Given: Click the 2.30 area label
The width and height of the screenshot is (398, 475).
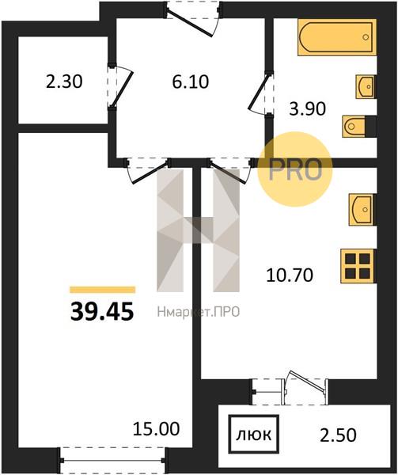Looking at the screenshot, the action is [64, 82].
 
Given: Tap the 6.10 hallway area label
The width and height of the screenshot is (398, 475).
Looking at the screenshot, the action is [191, 82].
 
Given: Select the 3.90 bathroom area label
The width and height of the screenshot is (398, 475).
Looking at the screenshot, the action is [308, 108].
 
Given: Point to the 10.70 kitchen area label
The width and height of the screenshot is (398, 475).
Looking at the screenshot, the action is [290, 275].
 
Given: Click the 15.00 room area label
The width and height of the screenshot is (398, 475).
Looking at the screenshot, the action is [157, 428].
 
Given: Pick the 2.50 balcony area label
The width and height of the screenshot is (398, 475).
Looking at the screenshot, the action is [338, 435].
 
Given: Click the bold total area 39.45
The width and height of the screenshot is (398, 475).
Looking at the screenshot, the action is [102, 312].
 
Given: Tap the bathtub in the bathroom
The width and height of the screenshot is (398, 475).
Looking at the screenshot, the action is [337, 37].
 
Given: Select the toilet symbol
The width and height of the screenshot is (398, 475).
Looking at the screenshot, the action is [356, 126].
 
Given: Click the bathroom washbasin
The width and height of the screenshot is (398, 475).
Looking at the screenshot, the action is [365, 86].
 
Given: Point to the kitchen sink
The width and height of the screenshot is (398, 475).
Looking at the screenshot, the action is [362, 210].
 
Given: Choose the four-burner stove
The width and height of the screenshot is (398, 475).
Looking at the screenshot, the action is [358, 266].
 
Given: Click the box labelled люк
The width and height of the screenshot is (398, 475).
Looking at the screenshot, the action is [253, 435].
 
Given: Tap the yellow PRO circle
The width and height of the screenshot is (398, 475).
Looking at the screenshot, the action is [295, 169].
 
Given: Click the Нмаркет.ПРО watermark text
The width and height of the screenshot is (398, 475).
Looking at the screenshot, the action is [199, 312].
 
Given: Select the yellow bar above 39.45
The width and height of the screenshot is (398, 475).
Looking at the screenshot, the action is [102, 290].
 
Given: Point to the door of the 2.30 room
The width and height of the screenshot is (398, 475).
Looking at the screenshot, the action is [121, 87].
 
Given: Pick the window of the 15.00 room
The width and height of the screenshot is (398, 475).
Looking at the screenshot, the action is [112, 460].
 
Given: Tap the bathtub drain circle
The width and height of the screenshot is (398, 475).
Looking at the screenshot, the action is [366, 37].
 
